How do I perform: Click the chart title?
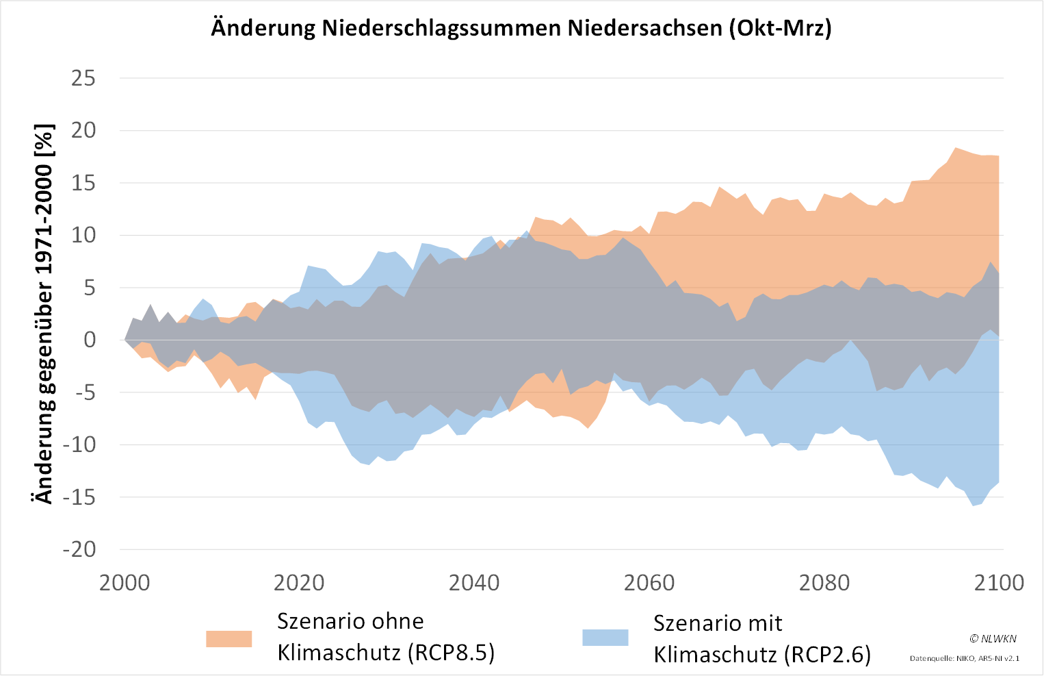coord(521,27)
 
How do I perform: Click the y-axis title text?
coord(44,314)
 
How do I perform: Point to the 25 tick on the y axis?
coord(83,78)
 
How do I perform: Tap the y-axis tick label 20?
coord(83,130)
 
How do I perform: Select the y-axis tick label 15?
coord(83,183)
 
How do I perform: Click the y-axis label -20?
coord(79,549)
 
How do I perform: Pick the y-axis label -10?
coord(79,445)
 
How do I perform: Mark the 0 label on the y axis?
coord(90,340)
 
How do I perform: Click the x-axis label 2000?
coord(125,583)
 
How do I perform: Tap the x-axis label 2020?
coord(299,583)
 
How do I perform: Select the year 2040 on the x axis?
coord(474,583)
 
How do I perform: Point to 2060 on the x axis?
coord(649,583)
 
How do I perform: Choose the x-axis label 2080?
coord(824,583)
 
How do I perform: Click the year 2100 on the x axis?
coord(999,583)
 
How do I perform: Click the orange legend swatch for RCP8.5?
coord(229,638)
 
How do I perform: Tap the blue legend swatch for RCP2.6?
coord(605,638)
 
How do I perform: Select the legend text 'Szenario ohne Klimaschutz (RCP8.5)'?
coord(385,637)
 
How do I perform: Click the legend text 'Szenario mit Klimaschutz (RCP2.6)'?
coord(761,639)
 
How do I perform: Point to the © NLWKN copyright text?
coord(993,638)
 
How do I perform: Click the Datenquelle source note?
coord(964,658)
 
